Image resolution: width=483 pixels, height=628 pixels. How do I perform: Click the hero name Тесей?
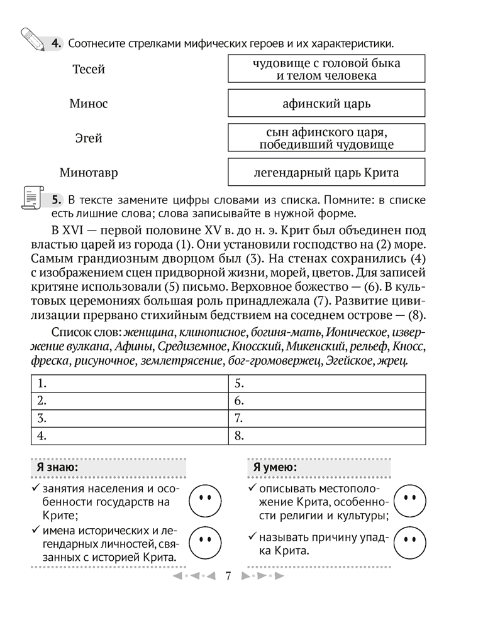(x=89, y=69)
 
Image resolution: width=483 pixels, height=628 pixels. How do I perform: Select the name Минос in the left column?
(x=88, y=104)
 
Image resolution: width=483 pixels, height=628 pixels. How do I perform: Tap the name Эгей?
(x=89, y=138)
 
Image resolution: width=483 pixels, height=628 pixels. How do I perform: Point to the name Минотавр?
(x=89, y=172)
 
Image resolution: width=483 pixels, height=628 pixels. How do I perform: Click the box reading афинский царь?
(x=326, y=104)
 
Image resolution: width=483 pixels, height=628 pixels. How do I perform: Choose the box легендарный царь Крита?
(x=326, y=173)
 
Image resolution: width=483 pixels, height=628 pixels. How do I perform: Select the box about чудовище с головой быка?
(x=326, y=69)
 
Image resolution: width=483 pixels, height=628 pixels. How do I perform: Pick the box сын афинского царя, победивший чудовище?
(x=326, y=138)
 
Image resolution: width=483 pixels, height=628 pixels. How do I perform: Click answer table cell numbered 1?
(x=129, y=383)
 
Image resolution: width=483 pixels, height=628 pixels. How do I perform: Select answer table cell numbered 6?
(x=327, y=400)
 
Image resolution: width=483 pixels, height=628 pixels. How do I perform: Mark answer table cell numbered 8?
(x=327, y=435)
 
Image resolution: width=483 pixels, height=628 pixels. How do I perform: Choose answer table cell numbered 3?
(x=129, y=418)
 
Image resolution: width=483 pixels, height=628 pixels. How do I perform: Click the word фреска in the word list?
(x=50, y=360)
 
